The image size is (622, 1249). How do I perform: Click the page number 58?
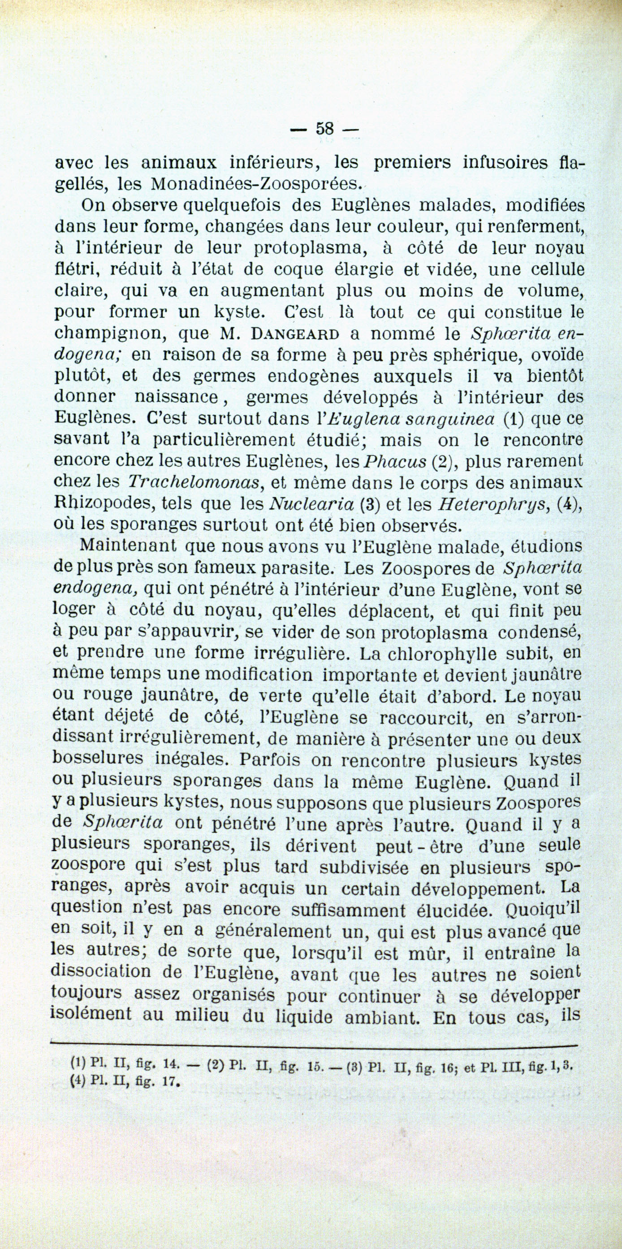pyautogui.click(x=324, y=129)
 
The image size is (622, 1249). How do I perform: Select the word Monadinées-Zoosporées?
pyautogui.click(x=256, y=184)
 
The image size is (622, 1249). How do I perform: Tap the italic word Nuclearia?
pyautogui.click(x=312, y=504)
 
